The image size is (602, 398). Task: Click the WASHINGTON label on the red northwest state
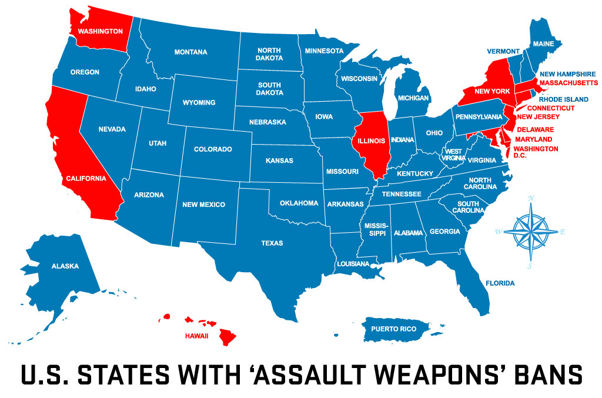[x=100, y=31]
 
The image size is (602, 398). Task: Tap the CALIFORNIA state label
[x=86, y=178]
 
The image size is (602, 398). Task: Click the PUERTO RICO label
[x=393, y=328]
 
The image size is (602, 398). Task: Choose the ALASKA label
[x=65, y=266]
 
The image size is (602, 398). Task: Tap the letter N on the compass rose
[x=531, y=198]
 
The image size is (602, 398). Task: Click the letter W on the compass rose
[x=499, y=232]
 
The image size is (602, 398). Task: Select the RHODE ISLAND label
[x=563, y=99]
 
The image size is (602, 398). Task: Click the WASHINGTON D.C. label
[x=536, y=152]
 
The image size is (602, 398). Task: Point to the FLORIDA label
[x=500, y=283]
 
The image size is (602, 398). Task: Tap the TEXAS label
[x=272, y=243]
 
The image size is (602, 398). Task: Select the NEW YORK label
[x=491, y=91]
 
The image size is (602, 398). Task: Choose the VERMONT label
[x=503, y=51]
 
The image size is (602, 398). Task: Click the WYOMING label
[x=199, y=102]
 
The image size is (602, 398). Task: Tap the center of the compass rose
[x=531, y=231]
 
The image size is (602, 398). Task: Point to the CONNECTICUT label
[x=551, y=108]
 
